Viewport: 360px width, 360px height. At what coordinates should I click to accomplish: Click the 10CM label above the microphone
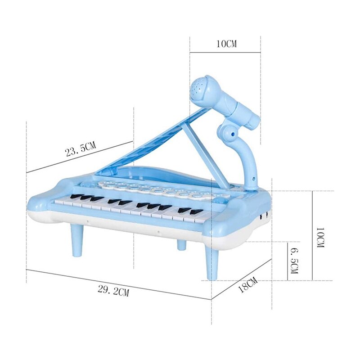point(226,44)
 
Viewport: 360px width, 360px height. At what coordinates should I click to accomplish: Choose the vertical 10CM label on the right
point(319,239)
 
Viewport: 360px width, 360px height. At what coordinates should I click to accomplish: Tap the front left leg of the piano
point(78,240)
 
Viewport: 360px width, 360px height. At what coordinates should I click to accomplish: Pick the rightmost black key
point(196,211)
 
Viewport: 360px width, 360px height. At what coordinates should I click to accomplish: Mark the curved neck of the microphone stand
point(249,160)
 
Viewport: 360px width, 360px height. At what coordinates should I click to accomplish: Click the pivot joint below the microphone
point(227,131)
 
